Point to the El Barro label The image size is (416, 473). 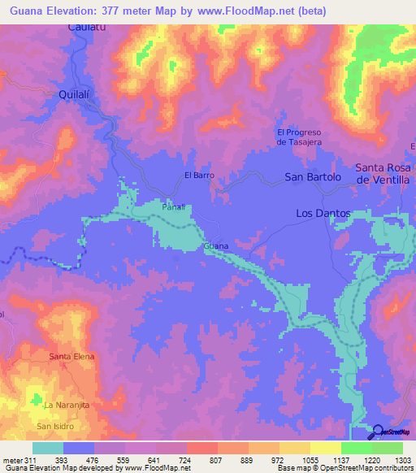point(198,175)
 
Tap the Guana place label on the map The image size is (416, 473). point(215,245)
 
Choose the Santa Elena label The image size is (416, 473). point(72,357)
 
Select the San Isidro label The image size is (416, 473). point(55,426)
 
